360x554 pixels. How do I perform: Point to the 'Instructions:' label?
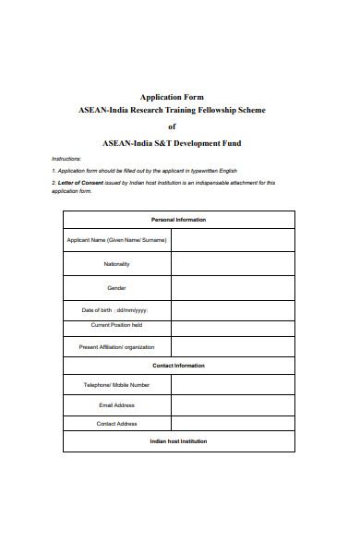(x=66, y=159)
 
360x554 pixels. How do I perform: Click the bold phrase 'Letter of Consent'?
(x=78, y=183)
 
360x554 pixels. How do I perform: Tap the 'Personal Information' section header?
(x=178, y=220)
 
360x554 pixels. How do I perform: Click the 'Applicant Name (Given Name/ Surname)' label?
(x=117, y=240)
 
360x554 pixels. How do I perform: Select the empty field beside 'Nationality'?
(x=233, y=264)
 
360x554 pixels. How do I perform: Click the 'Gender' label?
(x=117, y=288)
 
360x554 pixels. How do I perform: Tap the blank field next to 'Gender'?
(x=233, y=288)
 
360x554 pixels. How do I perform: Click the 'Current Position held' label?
(x=117, y=325)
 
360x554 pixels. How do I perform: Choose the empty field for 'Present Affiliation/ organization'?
(x=233, y=347)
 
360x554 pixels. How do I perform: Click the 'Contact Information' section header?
(x=178, y=366)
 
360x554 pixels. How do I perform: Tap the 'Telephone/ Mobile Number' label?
(x=117, y=385)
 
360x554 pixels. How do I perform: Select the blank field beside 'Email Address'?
(x=233, y=404)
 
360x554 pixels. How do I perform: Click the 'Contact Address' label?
(x=117, y=424)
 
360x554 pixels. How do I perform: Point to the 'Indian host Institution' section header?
(x=178, y=441)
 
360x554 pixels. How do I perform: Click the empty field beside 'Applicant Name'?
(x=233, y=240)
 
